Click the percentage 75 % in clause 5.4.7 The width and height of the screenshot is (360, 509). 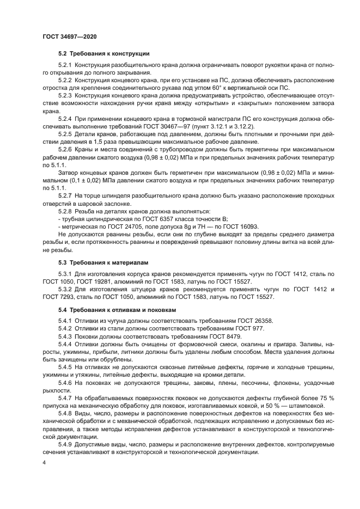point(324,398)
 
